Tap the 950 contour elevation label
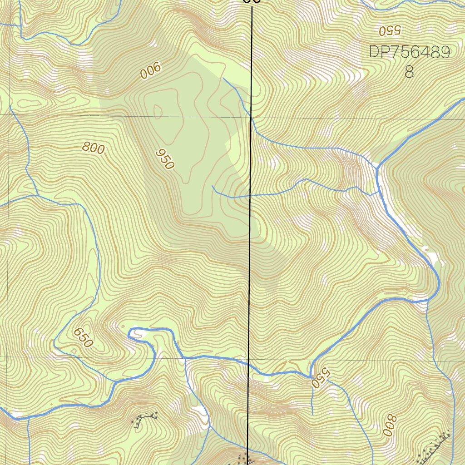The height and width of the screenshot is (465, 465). [165, 159]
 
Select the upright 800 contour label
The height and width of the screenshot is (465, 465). [94, 148]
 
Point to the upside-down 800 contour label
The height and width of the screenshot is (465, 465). [389, 425]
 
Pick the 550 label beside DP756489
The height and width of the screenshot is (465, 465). [390, 30]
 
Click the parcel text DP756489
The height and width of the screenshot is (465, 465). [409, 52]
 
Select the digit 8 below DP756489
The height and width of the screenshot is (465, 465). [409, 72]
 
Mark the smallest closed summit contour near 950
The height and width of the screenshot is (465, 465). [158, 111]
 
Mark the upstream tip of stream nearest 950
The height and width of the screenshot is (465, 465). [213, 186]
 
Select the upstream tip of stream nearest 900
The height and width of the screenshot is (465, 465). [223, 78]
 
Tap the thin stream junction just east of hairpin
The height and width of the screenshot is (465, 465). [186, 358]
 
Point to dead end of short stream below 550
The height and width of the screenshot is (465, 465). [312, 414]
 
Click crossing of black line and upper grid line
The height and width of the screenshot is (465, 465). [252, 118]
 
